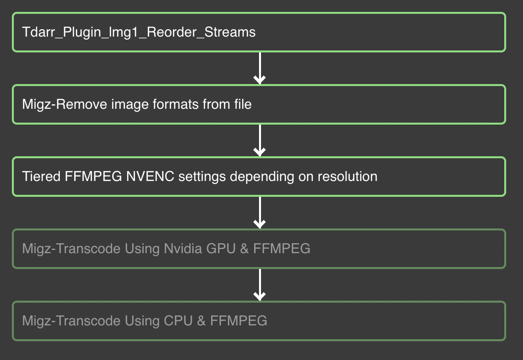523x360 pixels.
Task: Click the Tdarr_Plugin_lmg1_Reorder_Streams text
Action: coord(139,33)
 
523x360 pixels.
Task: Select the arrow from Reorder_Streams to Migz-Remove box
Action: coord(260,68)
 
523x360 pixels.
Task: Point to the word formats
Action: coord(181,105)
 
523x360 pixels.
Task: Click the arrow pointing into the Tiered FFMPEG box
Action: coord(260,140)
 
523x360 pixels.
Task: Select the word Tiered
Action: coord(42,177)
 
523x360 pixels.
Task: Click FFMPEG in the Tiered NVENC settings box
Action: coord(93,177)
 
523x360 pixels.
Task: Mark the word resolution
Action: coord(347,177)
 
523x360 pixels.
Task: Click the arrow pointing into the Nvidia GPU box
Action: coord(260,213)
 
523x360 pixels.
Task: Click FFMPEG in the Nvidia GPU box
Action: coord(282,249)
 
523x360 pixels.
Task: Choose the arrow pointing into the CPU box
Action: coord(260,285)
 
